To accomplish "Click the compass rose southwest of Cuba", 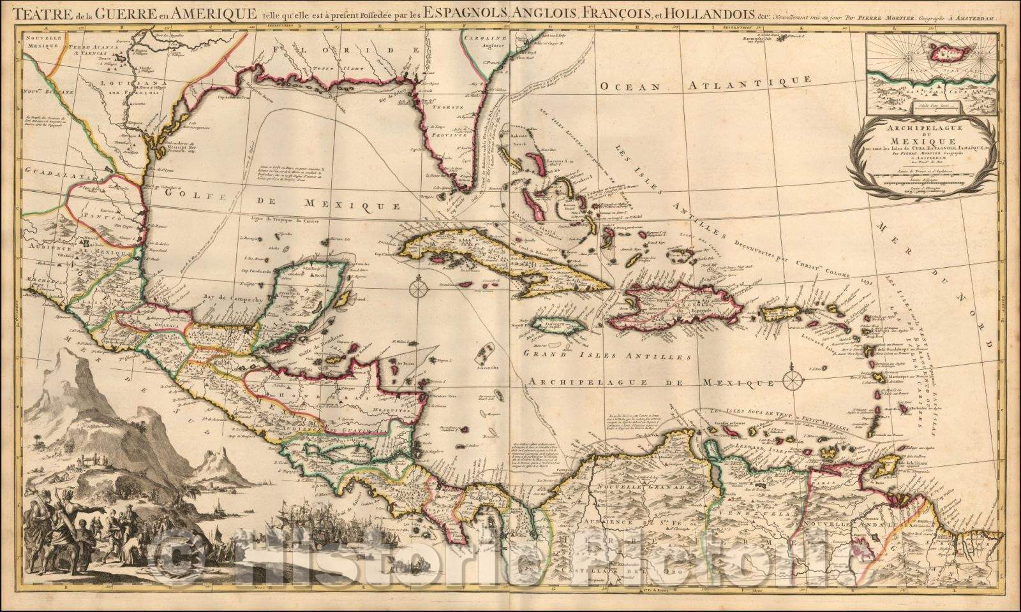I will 417,288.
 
